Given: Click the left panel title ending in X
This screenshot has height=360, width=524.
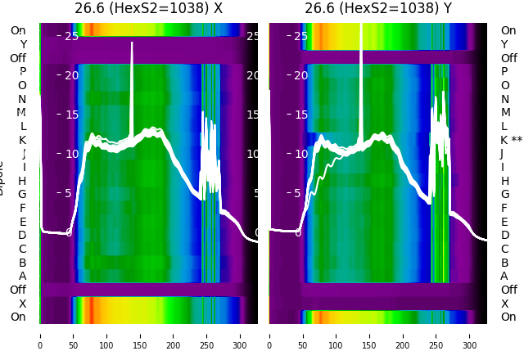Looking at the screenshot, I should click(148, 9).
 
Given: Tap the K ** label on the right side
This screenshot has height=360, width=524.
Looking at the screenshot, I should click(511, 140).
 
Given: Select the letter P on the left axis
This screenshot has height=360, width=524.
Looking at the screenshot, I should click(22, 72).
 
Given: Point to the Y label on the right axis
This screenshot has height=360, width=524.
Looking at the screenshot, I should click(504, 44).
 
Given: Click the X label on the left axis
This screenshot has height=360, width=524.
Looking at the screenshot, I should click(22, 304).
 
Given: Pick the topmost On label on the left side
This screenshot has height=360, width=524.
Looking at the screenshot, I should click(18, 31).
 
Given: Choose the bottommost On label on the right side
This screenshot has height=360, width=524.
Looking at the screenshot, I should click(508, 317).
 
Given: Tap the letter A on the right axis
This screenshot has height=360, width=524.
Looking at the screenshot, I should click(504, 277).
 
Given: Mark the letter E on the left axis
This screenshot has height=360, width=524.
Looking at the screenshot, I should click(22, 222).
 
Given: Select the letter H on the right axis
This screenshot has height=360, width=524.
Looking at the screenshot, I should click(504, 181).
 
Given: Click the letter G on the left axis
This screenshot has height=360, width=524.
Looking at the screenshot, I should click(22, 195).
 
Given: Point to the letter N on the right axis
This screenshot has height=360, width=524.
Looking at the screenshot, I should click(504, 99).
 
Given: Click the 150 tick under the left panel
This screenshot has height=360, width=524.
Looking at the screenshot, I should click(140, 335).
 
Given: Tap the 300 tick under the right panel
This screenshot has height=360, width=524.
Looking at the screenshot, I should click(470, 335).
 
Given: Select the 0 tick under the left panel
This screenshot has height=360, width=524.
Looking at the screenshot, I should click(39, 335).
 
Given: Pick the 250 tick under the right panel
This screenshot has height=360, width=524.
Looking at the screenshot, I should click(436, 335).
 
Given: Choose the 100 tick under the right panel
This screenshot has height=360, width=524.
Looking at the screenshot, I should click(336, 335).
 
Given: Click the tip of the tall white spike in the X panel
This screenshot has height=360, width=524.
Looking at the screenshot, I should click(132, 43).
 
